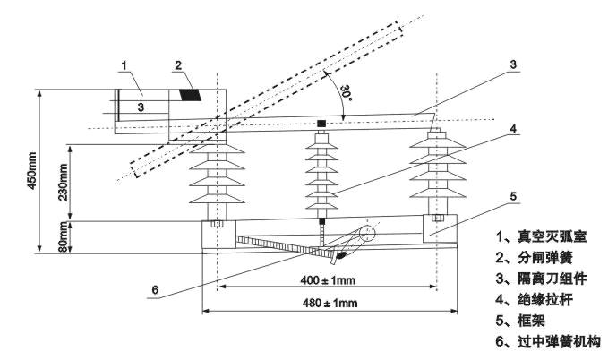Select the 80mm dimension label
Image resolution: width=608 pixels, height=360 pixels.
pyautogui.click(x=62, y=237)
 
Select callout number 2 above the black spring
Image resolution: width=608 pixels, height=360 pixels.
pyautogui.click(x=179, y=65)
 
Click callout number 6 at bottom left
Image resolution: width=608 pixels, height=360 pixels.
pyautogui.click(x=154, y=290)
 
